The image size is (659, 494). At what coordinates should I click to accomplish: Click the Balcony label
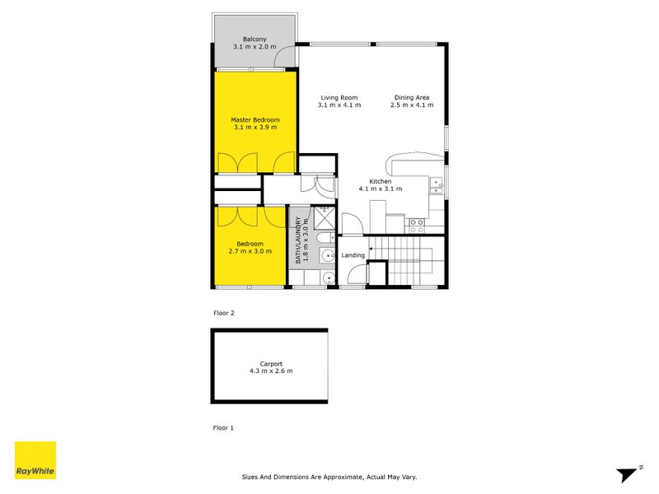pyautogui.click(x=254, y=39)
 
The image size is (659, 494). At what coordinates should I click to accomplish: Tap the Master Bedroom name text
pyautogui.click(x=255, y=119)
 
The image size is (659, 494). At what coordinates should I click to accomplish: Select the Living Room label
pyautogui.click(x=339, y=97)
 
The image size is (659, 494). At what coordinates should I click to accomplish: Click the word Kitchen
pyautogui.click(x=380, y=181)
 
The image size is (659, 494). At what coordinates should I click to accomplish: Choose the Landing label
pyautogui.click(x=353, y=255)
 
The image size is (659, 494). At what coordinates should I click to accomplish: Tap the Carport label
pyautogui.click(x=271, y=363)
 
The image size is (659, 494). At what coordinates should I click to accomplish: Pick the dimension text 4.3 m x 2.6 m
pyautogui.click(x=271, y=371)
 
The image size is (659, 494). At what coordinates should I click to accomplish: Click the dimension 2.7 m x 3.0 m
pyautogui.click(x=250, y=251)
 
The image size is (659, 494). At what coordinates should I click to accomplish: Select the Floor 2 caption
pyautogui.click(x=224, y=313)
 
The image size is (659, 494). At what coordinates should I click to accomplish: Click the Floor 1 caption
pyautogui.click(x=224, y=428)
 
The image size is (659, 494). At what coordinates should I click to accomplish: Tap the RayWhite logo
pyautogui.click(x=35, y=460)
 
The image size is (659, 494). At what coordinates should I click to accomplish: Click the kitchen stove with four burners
pyautogui.click(x=417, y=221)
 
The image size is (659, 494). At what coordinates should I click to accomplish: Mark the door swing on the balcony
pyautogui.click(x=286, y=57)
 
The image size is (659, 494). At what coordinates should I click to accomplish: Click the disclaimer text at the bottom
pyautogui.click(x=329, y=476)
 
